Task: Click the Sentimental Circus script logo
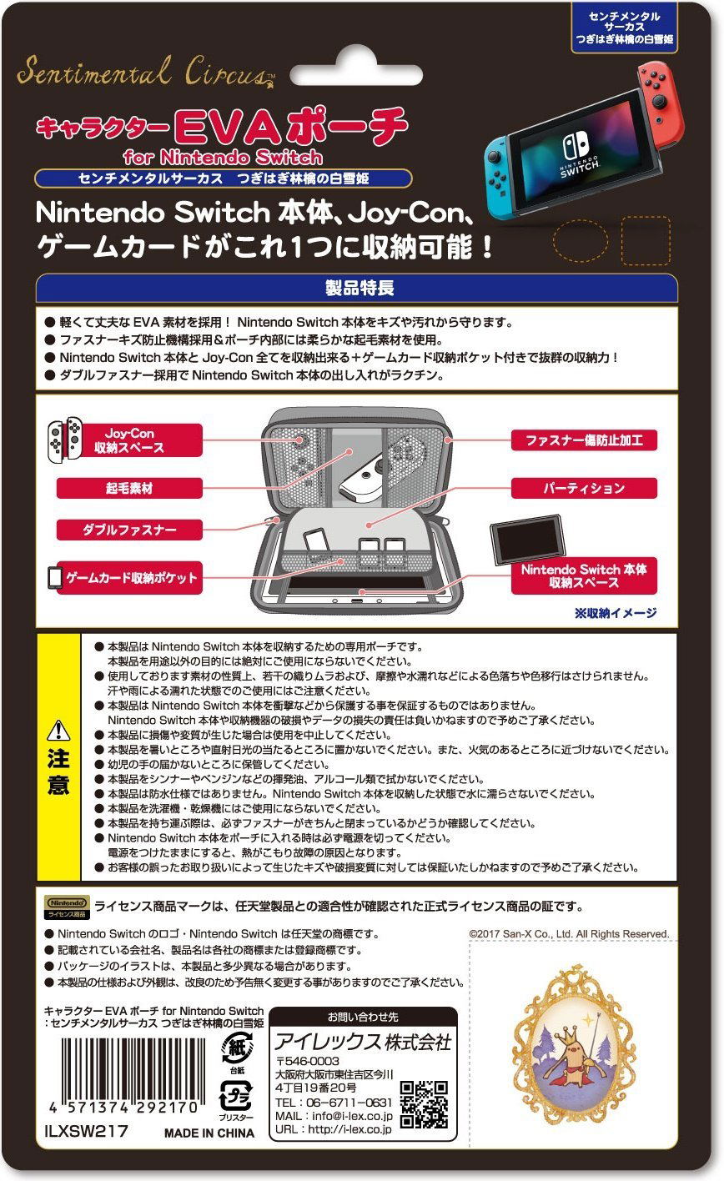[x=145, y=73]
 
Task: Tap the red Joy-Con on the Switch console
[x=661, y=103]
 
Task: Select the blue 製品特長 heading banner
[x=356, y=288]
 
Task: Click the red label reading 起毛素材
[x=129, y=488]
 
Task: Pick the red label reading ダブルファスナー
[x=129, y=530]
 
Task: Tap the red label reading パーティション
[x=584, y=488]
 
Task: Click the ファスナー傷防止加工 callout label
[x=584, y=440]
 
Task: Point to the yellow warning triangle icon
[x=58, y=731]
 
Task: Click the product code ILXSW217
[x=87, y=1131]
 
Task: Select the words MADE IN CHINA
[x=209, y=1133]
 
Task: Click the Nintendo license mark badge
[x=67, y=907]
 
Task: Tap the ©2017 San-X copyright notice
[x=569, y=934]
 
